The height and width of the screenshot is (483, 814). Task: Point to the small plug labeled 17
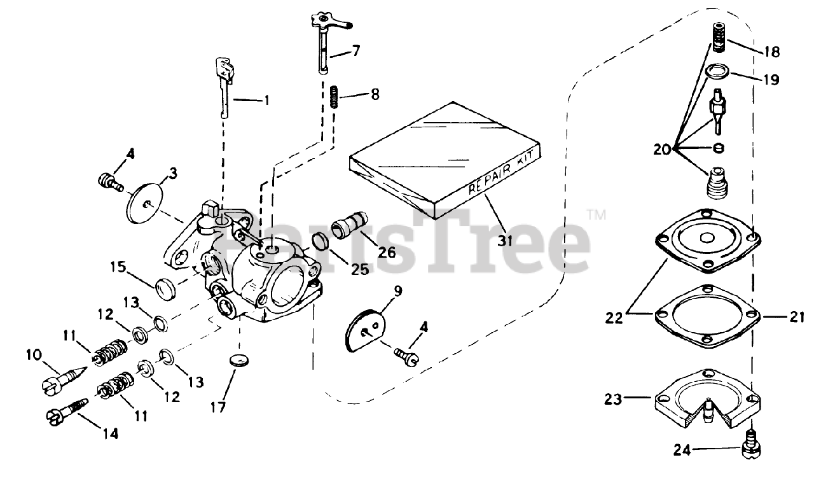click(237, 359)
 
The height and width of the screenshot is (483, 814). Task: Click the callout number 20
click(662, 150)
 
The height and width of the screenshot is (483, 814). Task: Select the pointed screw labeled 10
click(61, 378)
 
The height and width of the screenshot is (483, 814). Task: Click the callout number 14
click(110, 434)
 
